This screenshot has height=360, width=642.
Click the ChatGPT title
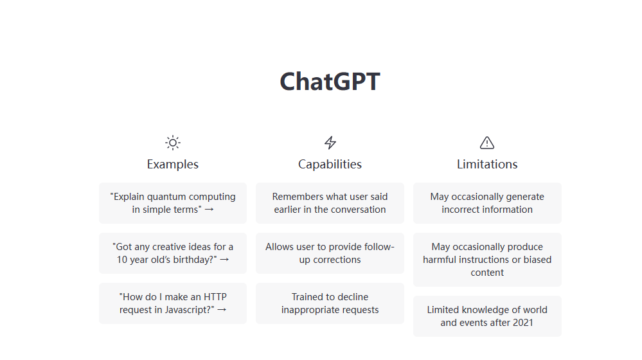click(x=330, y=82)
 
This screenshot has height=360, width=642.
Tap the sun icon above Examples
click(x=173, y=143)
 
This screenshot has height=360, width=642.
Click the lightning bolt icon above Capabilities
click(x=330, y=143)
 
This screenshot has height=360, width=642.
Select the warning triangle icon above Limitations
click(x=487, y=143)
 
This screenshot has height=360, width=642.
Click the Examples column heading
click(x=173, y=164)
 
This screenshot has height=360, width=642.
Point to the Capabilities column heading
click(x=330, y=164)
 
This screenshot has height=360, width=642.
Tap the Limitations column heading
click(x=487, y=164)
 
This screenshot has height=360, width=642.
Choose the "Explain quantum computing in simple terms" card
click(x=173, y=203)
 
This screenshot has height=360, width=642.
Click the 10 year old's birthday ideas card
click(x=173, y=253)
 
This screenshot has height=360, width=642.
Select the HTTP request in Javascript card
click(x=173, y=303)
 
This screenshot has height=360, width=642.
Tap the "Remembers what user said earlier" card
click(x=330, y=203)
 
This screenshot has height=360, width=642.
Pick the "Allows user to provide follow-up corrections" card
click(x=330, y=253)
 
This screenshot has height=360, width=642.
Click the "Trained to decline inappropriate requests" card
click(x=330, y=303)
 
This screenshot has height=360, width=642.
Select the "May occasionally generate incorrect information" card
click(x=487, y=203)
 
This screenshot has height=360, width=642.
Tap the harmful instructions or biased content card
click(x=487, y=260)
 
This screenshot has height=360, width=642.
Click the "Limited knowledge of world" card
click(x=487, y=316)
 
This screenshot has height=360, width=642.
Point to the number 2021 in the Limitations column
click(x=522, y=323)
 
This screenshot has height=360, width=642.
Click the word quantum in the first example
click(x=169, y=197)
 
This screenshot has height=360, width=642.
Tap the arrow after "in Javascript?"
click(x=222, y=310)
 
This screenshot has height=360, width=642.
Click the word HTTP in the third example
click(x=215, y=297)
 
